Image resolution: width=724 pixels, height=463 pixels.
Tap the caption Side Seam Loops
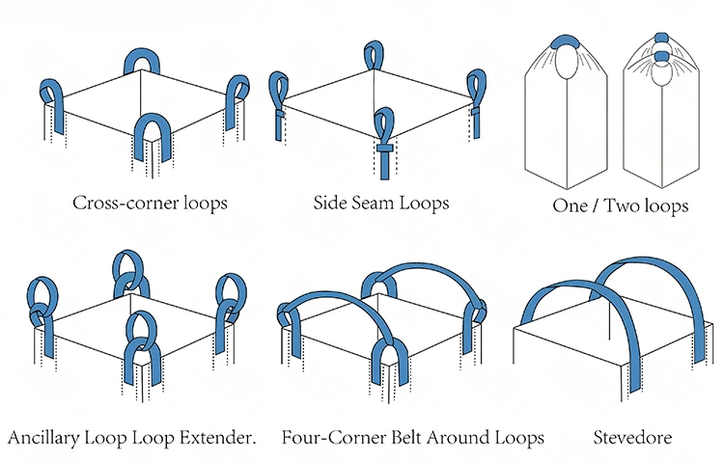pyautogui.click(x=381, y=204)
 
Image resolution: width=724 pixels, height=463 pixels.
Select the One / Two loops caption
pyautogui.click(x=621, y=206)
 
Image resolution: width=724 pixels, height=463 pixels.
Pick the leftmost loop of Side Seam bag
pyautogui.click(x=279, y=92)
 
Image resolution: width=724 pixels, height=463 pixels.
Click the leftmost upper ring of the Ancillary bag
pyautogui.click(x=42, y=293)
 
